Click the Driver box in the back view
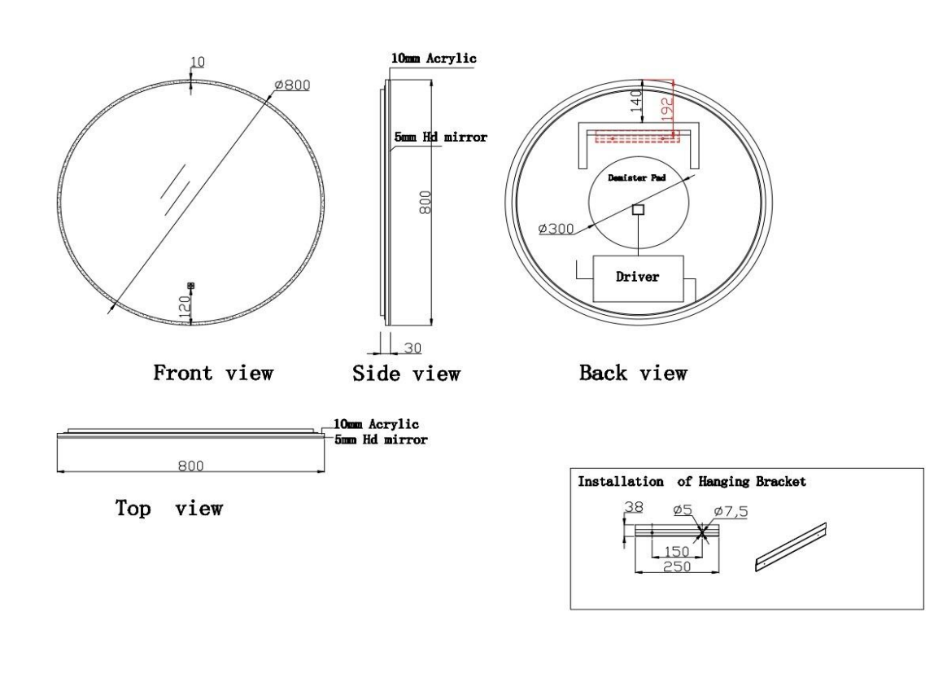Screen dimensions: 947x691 point(639,278)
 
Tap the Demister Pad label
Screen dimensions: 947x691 point(636,177)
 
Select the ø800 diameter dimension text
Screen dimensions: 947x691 point(292,85)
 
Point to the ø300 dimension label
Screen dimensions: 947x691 point(556,229)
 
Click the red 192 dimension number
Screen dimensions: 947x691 point(667,109)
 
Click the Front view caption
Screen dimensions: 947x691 point(213,373)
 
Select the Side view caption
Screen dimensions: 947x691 point(407,374)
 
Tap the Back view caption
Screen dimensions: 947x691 point(633,373)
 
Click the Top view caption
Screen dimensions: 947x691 point(169,508)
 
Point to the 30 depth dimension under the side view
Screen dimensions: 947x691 point(412,348)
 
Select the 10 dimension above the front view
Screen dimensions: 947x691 point(198,62)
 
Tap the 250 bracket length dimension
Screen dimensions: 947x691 point(677,566)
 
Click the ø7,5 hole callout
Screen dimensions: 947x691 point(731,511)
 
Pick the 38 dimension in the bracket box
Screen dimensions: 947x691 point(634,507)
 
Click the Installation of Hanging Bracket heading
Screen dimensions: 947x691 point(692,481)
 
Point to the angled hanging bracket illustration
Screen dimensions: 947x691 point(791,547)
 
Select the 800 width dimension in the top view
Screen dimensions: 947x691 point(191,466)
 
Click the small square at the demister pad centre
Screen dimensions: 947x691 point(639,210)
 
